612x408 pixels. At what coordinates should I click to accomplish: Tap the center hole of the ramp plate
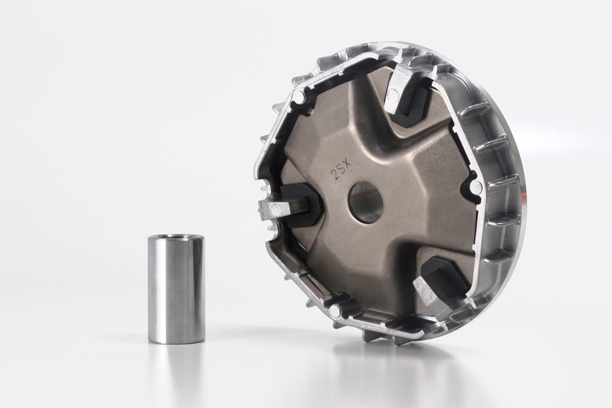(366, 202)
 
